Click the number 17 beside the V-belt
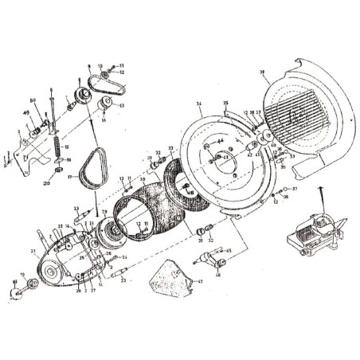tap(70, 177)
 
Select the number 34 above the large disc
tap(198, 104)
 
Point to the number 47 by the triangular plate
tap(200, 280)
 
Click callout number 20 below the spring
tap(47, 182)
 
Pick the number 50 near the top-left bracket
tap(33, 100)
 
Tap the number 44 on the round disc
tap(218, 143)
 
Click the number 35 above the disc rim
tap(225, 104)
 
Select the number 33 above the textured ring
tap(170, 148)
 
